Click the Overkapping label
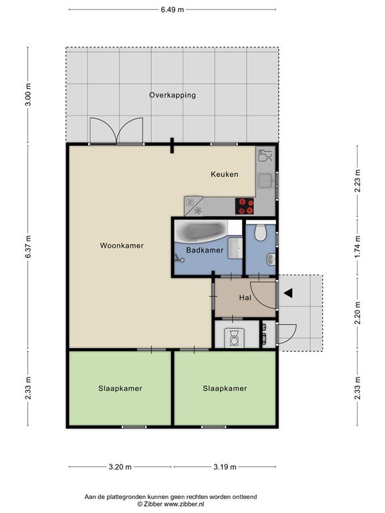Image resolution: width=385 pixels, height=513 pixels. pyautogui.click(x=172, y=96)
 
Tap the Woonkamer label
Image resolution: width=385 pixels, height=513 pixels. pyautogui.click(x=122, y=245)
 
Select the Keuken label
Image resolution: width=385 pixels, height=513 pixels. pyautogui.click(x=225, y=174)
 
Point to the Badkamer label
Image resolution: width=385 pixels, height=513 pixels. pyautogui.click(x=205, y=250)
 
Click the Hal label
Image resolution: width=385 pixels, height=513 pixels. pyautogui.click(x=245, y=297)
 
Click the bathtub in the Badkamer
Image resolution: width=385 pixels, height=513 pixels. pyautogui.click(x=201, y=231)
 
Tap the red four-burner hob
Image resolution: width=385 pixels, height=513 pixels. pyautogui.click(x=245, y=206)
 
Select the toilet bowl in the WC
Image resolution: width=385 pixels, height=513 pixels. pyautogui.click(x=260, y=232)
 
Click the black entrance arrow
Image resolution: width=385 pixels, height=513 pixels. pyautogui.click(x=288, y=293)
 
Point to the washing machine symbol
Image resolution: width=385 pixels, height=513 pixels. pyautogui.click(x=234, y=338)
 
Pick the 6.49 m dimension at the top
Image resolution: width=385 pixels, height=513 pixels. pyautogui.click(x=172, y=9)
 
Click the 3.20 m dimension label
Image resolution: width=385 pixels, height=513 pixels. pyautogui.click(x=120, y=467)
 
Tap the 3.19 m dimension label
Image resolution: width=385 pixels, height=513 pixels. pyautogui.click(x=225, y=467)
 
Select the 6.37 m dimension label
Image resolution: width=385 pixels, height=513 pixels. pyautogui.click(x=28, y=247)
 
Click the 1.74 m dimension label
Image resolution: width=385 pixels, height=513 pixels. pyautogui.click(x=358, y=247)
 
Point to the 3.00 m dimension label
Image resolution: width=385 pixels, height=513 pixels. pyautogui.click(x=28, y=95)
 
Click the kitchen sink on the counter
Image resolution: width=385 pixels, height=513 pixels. pyautogui.click(x=265, y=180)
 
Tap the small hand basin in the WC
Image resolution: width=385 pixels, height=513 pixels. pyautogui.click(x=271, y=259)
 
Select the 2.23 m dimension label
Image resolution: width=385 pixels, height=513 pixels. pyautogui.click(x=358, y=181)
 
